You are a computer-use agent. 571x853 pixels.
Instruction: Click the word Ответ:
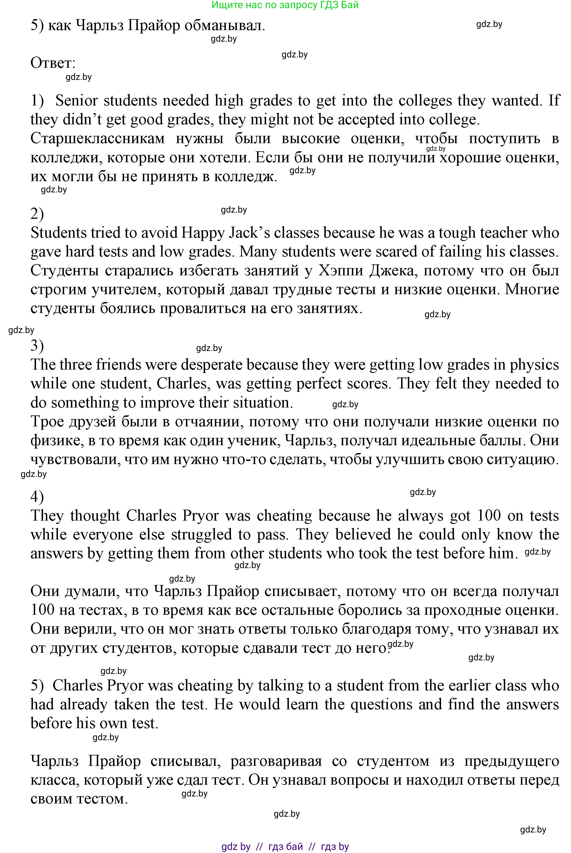click(53, 63)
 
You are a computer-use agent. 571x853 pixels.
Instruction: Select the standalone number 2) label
click(37, 214)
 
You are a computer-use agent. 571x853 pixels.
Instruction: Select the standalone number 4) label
click(37, 497)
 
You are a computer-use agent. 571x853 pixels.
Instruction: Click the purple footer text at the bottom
click(285, 847)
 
